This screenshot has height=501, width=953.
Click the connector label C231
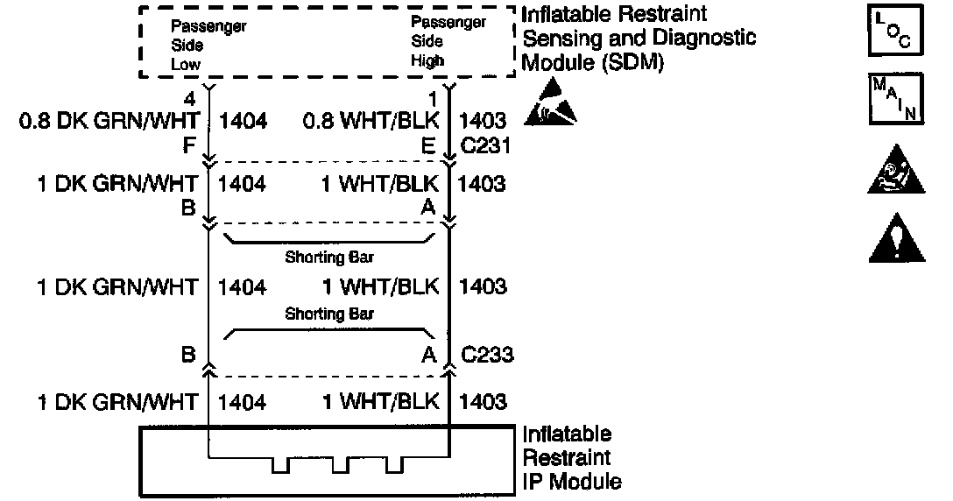click(x=487, y=145)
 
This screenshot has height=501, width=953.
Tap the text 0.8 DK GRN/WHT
click(x=108, y=120)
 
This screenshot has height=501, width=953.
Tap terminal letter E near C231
click(x=428, y=145)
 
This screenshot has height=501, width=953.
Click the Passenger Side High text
click(x=448, y=42)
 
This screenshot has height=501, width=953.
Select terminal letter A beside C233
click(x=429, y=355)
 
